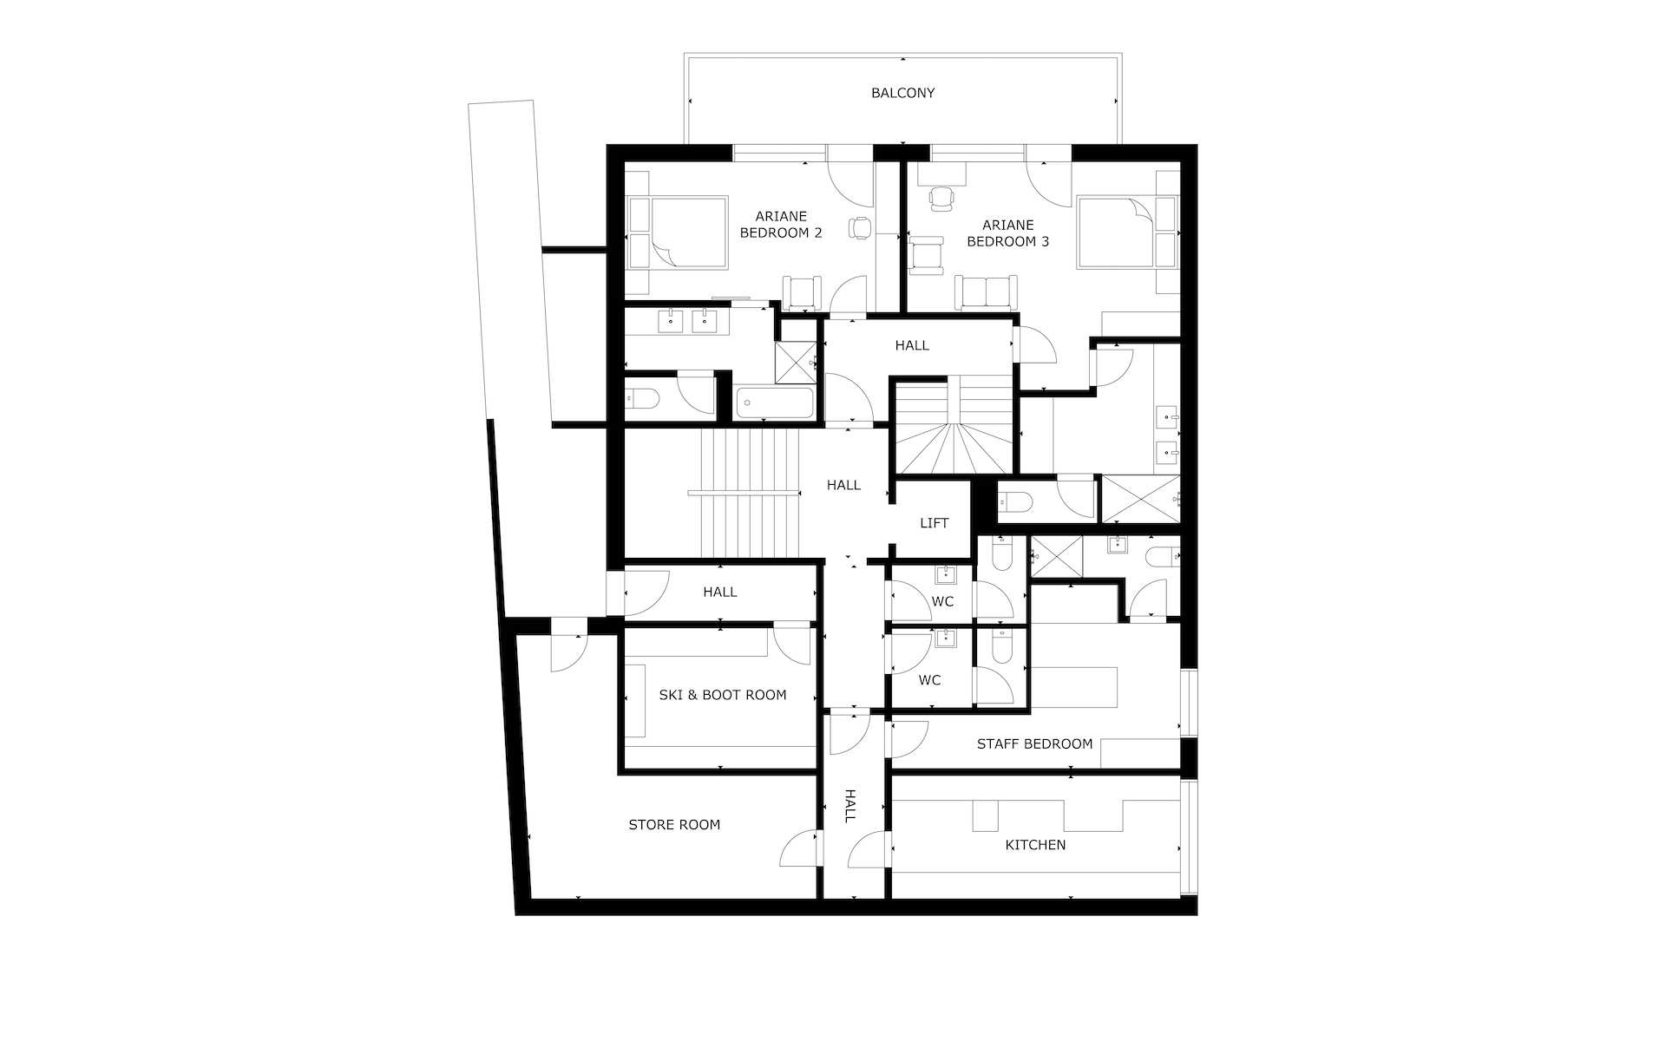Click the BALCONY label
902,93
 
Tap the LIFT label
935,523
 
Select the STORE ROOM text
674,825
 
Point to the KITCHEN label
1035,845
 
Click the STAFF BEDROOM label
1034,744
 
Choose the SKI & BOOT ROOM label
723,695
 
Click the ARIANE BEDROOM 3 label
1008,233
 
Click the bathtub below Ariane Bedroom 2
775,403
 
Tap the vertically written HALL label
850,806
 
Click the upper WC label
942,602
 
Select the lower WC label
929,680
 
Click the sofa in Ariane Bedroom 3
987,291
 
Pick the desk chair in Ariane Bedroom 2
860,227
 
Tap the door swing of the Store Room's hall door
797,848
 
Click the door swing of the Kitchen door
869,848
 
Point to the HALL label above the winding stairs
912,345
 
